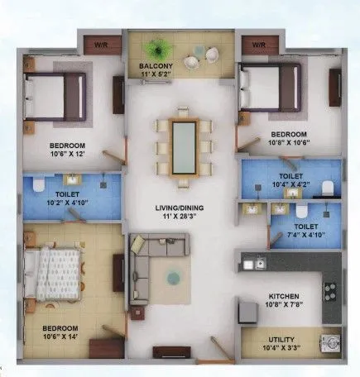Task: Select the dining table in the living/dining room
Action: (x=183, y=146)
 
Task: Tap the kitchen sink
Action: (x=259, y=265)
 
